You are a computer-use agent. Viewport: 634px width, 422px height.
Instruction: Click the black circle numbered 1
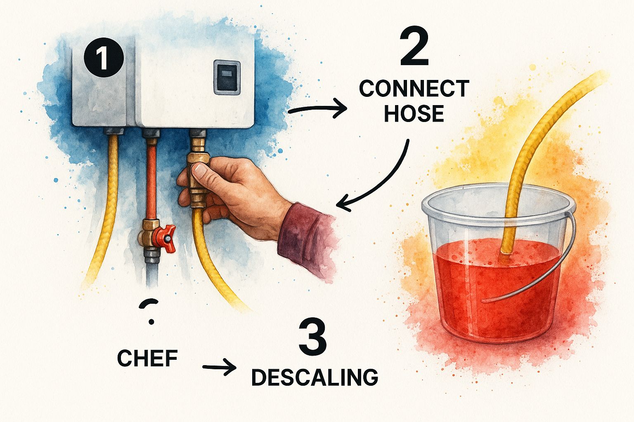point(104,57)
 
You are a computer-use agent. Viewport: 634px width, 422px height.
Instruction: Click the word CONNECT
point(414,89)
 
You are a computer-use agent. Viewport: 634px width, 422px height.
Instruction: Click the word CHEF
point(147,358)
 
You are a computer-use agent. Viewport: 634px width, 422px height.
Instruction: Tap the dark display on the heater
point(227,77)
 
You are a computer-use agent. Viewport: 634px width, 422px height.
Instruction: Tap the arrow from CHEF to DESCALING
point(219,367)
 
